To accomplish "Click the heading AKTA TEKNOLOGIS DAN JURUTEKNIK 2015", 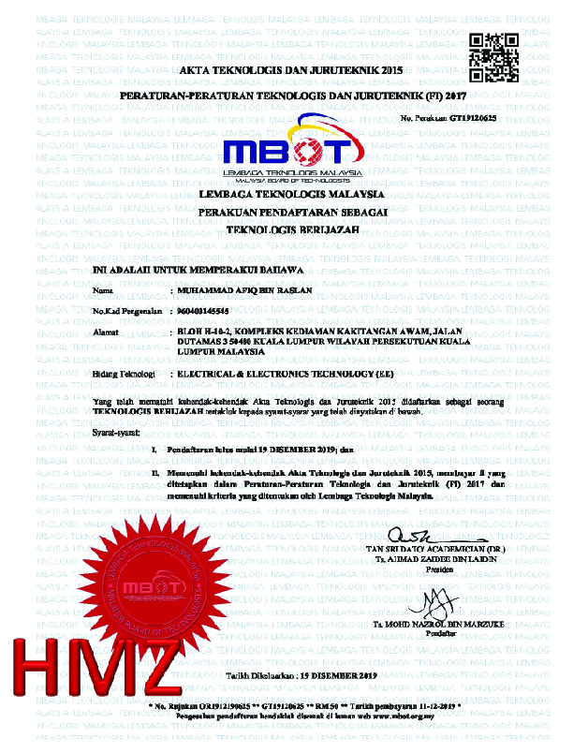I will click(x=293, y=71).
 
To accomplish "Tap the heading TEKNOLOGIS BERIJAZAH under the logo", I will click(x=293, y=229).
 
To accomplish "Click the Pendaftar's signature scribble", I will click(x=434, y=600).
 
